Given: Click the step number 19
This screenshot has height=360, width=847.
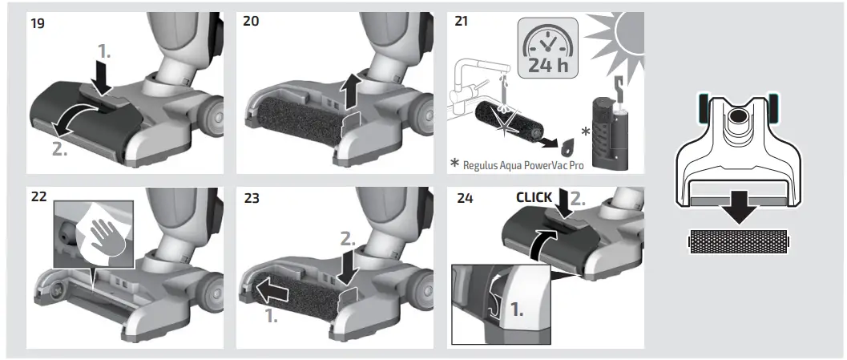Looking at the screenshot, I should click(x=38, y=23).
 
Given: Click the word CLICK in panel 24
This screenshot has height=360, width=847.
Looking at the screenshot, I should click(x=534, y=197).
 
